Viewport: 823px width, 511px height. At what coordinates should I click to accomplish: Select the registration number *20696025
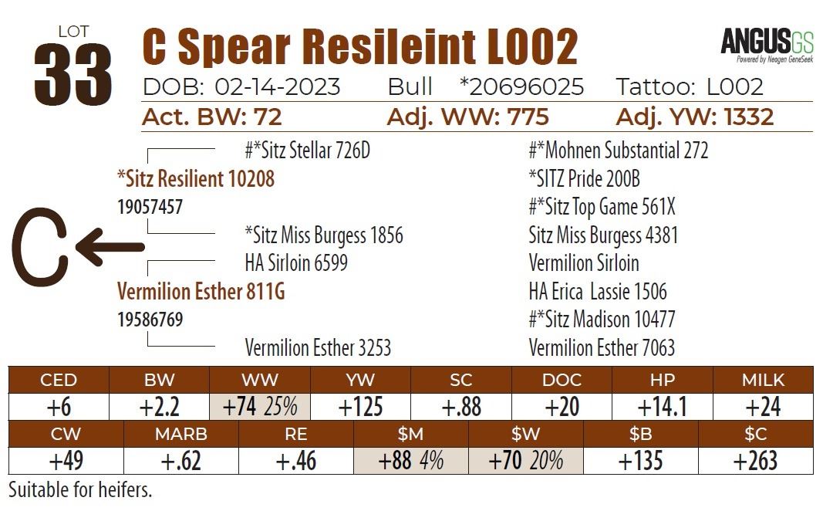pyautogui.click(x=521, y=86)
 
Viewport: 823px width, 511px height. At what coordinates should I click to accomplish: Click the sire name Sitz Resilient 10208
pyautogui.click(x=195, y=179)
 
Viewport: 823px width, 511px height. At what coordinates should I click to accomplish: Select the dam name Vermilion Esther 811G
pyautogui.click(x=201, y=292)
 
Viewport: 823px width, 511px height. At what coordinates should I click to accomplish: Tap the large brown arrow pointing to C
pyautogui.click(x=110, y=247)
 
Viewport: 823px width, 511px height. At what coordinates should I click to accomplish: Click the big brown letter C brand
pyautogui.click(x=39, y=245)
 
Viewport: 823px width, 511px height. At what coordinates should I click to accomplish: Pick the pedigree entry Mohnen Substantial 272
pyautogui.click(x=618, y=151)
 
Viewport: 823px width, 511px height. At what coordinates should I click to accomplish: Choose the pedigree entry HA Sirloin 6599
pyautogui.click(x=296, y=263)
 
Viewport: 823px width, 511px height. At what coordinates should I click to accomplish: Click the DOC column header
pyautogui.click(x=562, y=380)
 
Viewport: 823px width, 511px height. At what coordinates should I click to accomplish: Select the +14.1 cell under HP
pyautogui.click(x=662, y=407)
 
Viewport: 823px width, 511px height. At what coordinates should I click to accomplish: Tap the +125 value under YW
pyautogui.click(x=360, y=407)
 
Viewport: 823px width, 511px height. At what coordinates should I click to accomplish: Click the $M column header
pyautogui.click(x=411, y=435)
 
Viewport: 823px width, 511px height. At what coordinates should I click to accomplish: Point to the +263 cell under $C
pyautogui.click(x=755, y=461)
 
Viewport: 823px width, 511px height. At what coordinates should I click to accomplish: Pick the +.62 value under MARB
pyautogui.click(x=180, y=461)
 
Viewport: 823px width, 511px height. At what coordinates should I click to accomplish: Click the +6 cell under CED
pyautogui.click(x=59, y=407)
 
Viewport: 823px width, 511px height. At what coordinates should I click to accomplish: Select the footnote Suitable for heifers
pyautogui.click(x=80, y=490)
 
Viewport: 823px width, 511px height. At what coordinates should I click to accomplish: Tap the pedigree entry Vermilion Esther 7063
pyautogui.click(x=602, y=348)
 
